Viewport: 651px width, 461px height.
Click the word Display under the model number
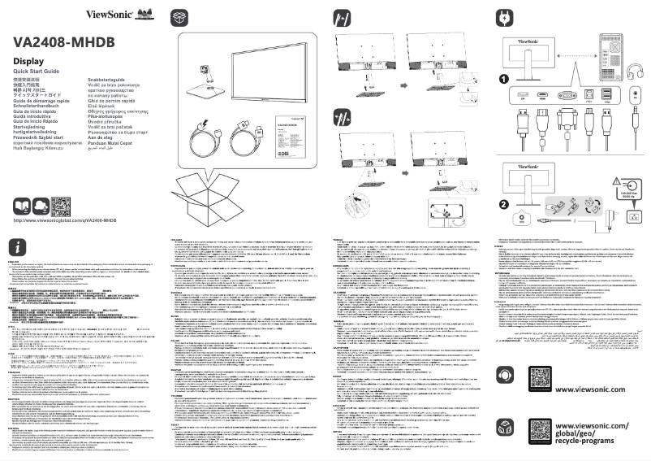pos(28,62)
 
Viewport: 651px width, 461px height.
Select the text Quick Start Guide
pos(37,72)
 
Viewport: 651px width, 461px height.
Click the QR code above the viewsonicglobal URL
pos(63,206)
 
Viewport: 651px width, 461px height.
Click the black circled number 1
pos(504,79)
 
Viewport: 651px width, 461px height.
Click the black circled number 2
pos(504,205)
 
